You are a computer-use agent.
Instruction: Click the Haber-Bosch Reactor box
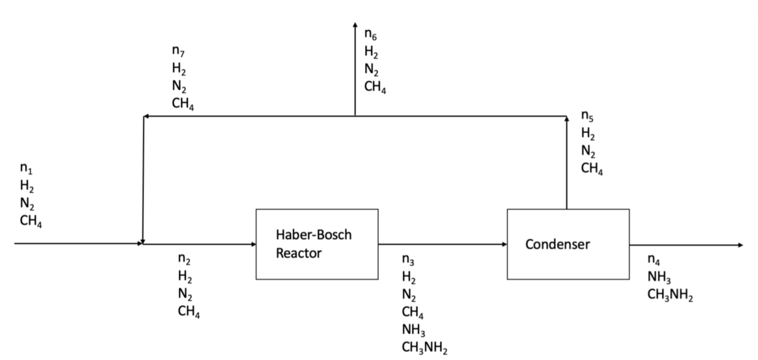coord(317,244)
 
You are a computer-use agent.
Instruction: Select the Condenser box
coord(568,244)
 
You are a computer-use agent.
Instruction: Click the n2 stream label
coord(184,259)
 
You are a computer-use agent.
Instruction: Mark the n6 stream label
coord(371,34)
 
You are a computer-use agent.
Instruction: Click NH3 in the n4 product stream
coord(659,278)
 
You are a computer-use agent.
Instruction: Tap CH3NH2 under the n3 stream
coord(425,348)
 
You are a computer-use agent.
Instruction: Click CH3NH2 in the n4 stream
coord(670,295)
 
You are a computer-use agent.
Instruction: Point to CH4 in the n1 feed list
coord(31,221)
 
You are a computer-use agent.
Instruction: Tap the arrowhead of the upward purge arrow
coord(355,25)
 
